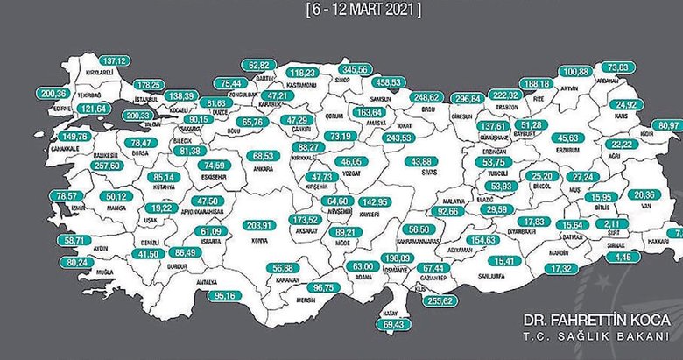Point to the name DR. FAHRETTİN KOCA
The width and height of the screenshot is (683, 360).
[599, 320]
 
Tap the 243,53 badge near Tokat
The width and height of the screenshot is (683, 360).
[399, 137]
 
